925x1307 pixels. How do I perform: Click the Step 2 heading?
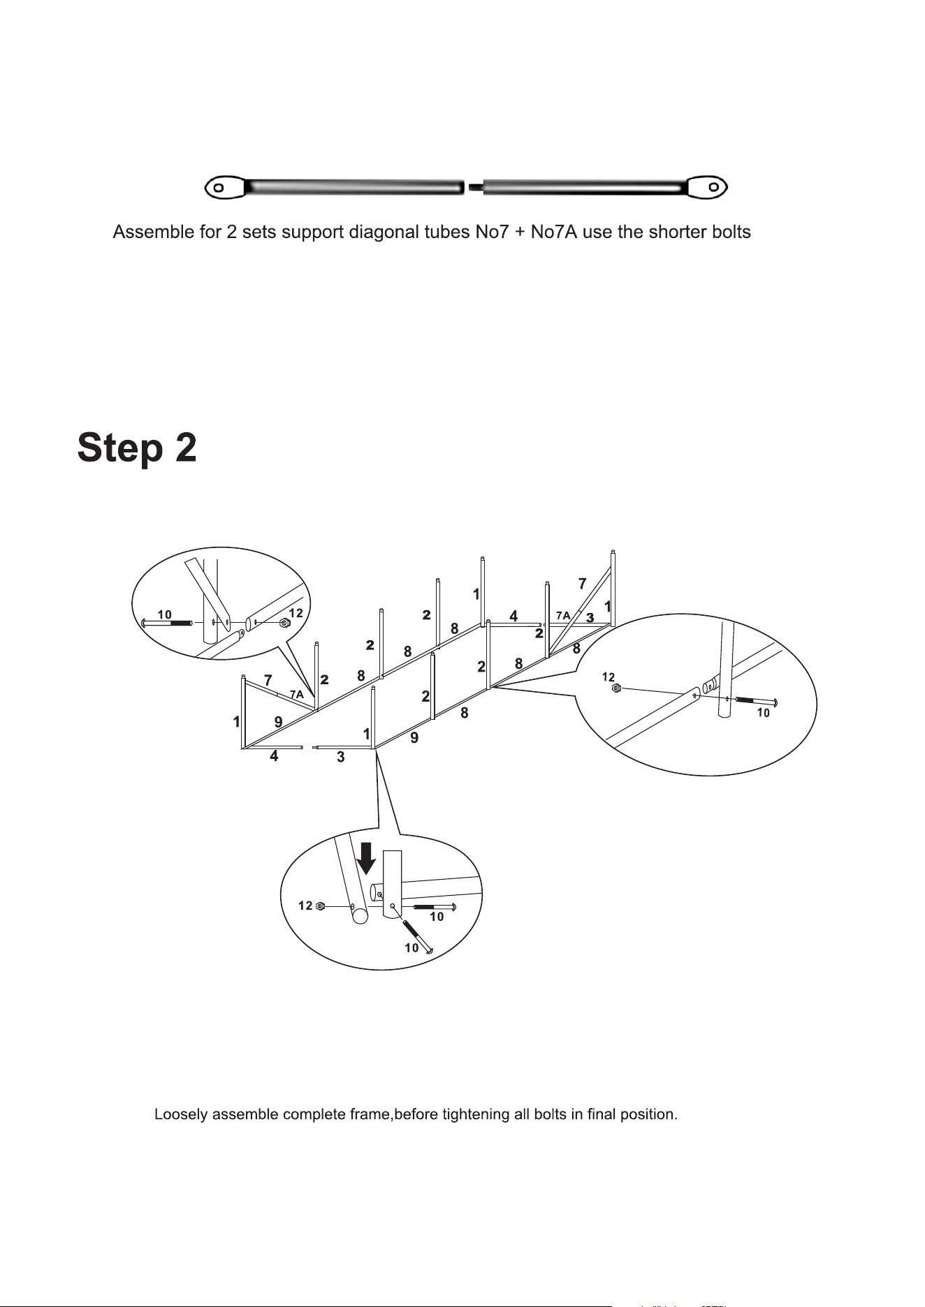137,448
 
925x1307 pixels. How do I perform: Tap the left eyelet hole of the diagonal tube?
219,187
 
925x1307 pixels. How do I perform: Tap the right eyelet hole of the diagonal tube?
714,186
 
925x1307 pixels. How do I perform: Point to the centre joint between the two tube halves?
473,186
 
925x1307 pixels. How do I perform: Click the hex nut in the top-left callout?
284,623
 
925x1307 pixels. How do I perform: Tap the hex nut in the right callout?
616,688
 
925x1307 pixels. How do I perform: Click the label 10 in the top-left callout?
164,614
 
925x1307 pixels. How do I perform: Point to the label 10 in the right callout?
764,713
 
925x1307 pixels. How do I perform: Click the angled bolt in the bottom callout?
418,936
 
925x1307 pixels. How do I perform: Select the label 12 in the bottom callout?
305,906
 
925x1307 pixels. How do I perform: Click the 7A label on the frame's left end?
297,694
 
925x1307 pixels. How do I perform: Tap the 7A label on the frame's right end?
563,615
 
